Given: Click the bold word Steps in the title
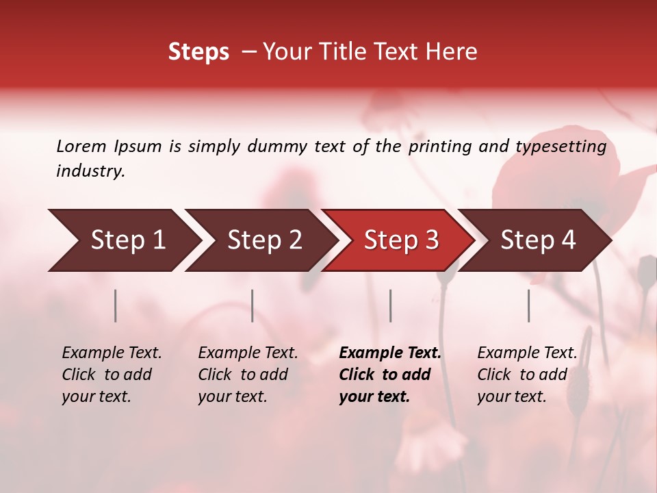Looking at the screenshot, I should tap(198, 52).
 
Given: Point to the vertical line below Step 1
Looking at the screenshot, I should tap(116, 305).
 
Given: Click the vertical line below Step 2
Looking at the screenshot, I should tap(253, 305).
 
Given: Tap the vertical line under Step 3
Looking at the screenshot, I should tap(390, 305).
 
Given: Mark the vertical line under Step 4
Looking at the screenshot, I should tap(528, 305).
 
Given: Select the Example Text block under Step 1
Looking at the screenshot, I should tap(112, 375).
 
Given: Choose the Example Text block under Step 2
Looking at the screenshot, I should tap(248, 375).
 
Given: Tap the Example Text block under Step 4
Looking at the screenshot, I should tap(527, 375).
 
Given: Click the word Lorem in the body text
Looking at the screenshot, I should tap(81, 147).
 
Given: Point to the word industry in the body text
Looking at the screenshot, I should tap(90, 171).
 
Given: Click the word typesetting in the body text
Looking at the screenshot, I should tap(561, 147).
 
